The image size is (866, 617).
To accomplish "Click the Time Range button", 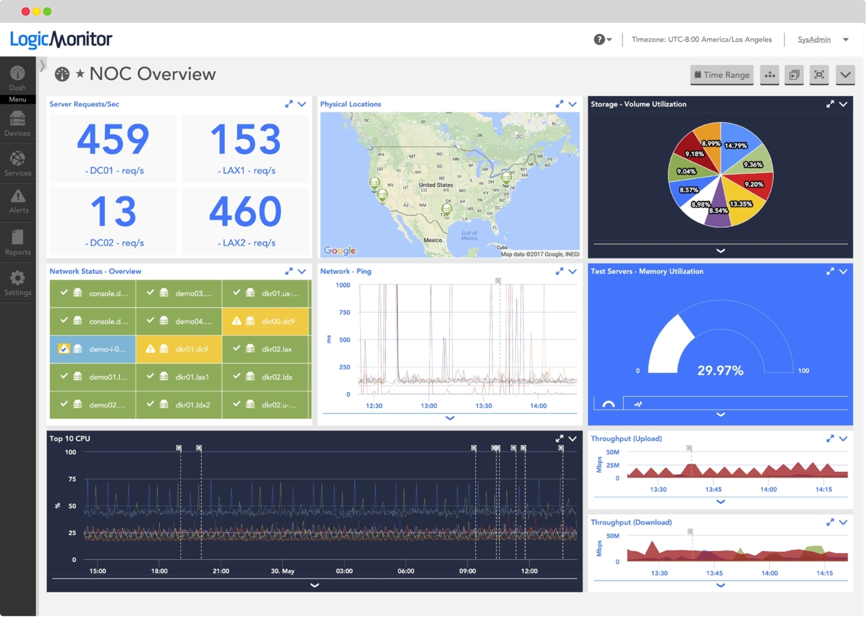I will (721, 75).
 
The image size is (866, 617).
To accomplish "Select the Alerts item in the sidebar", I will (18, 201).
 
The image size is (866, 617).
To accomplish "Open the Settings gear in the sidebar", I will (18, 283).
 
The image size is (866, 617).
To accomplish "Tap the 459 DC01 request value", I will (113, 139).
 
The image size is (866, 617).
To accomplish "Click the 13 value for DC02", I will (113, 212).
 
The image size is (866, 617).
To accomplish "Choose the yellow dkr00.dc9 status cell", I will (266, 321).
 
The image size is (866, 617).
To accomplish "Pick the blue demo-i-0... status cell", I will (93, 349).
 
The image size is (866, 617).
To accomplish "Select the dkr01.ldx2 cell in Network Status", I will (179, 404).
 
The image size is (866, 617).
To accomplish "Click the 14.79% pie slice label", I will (735, 146).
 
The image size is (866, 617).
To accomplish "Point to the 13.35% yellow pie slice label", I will (741, 204).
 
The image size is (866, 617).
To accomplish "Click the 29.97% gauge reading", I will (720, 370).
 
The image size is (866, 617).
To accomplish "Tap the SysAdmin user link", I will (814, 39).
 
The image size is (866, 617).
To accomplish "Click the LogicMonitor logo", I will (61, 39).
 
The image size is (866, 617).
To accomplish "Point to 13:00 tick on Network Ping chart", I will (428, 405).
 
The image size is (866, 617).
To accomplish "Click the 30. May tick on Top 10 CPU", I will (282, 571).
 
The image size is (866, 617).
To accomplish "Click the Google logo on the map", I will (340, 250).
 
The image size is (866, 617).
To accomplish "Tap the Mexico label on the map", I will (432, 240).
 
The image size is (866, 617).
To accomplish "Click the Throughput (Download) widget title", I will (631, 522).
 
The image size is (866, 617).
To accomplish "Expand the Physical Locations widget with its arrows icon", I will (559, 104).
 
